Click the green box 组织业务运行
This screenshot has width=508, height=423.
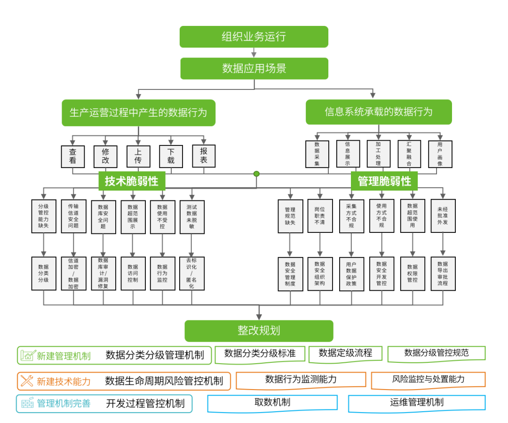coord(254,37)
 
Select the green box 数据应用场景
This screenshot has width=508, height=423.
coord(254,69)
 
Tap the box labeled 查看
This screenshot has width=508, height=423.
coord(73,157)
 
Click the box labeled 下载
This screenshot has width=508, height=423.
coord(171,157)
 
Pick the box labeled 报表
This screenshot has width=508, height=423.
coord(204,156)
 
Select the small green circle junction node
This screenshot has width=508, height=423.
coord(256,174)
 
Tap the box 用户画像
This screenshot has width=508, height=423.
coord(440,154)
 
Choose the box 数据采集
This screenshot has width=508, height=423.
coord(317,154)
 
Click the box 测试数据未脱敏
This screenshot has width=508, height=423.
coord(192,216)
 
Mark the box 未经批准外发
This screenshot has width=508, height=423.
coord(443,216)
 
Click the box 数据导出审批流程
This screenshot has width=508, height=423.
coord(443,273)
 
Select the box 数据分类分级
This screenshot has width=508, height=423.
coord(43,273)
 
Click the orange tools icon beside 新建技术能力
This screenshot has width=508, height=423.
coord(27,381)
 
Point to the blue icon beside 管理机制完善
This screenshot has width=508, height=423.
coord(27,403)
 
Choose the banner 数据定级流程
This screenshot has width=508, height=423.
coord(345,353)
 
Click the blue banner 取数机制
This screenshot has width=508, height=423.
coord(272,402)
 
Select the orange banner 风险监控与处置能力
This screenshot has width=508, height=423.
coord(428,379)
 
